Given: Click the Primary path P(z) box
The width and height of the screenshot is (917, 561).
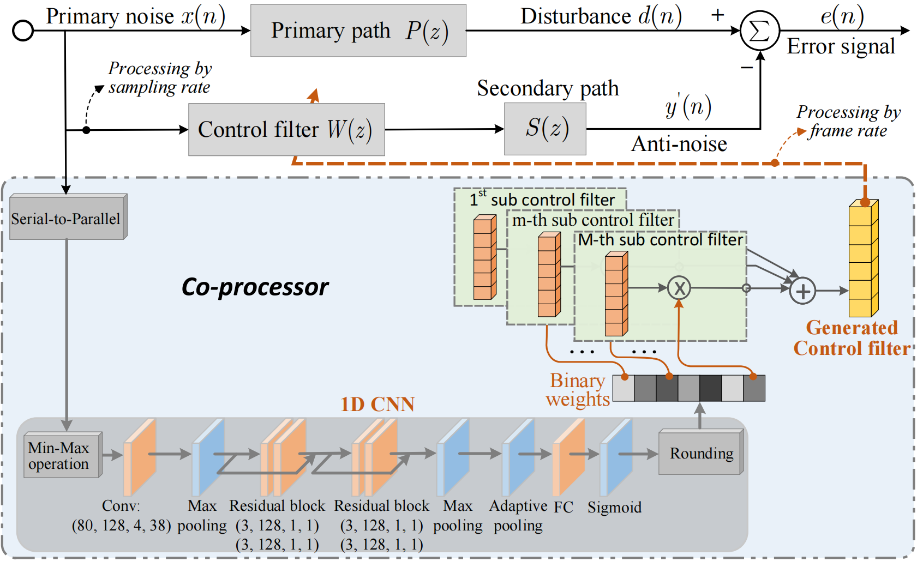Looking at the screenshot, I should coord(358,31).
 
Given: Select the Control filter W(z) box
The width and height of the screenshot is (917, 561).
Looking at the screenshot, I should coord(286,130).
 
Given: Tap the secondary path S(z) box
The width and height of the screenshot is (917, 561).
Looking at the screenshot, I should coord(545,129).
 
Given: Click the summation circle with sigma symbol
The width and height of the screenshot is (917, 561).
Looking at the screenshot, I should coord(759,31).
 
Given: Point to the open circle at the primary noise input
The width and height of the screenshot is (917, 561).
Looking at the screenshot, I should coord(23,31).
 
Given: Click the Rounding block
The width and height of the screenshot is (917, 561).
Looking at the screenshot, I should coord(701,453).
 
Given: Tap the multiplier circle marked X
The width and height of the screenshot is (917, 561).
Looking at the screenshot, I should coord(679,288).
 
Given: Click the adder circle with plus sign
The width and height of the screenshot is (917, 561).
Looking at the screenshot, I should coord(802,291).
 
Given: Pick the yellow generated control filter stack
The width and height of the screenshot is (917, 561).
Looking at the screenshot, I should coord(863,259).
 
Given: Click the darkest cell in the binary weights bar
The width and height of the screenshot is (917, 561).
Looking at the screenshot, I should coord(710,388).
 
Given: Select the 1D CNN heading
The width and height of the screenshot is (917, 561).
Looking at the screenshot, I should coord(377,405).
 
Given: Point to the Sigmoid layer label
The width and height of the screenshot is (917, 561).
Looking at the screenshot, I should coord(614,508).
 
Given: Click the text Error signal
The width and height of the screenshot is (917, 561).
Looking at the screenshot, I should coord(841,47).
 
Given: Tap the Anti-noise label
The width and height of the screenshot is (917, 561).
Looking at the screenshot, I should coord(679,144).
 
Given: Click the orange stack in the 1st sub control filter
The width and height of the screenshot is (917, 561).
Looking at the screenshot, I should coord(484,257).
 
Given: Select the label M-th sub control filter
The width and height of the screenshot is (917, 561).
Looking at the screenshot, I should coord(660,240).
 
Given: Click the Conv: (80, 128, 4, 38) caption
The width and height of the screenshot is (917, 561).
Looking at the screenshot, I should coord(121,516).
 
